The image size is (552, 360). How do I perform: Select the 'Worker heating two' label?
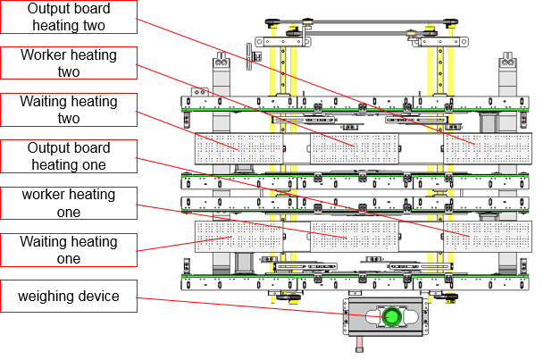(69, 63)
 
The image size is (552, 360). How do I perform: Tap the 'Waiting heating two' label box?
(69, 110)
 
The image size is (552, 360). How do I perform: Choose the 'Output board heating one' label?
(69, 156)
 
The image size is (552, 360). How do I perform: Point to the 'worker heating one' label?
(69, 203)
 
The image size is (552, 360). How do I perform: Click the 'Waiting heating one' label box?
(69, 250)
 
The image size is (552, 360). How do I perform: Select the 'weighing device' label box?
(69, 297)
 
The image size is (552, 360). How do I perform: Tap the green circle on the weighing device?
(390, 317)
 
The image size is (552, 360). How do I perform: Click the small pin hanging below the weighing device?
(359, 344)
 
